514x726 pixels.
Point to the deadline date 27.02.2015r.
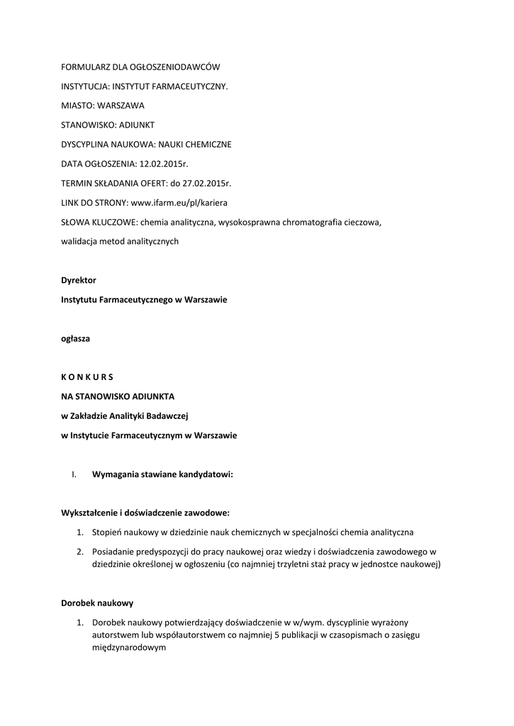tap(206, 183)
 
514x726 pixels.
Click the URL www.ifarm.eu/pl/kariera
tap(184, 203)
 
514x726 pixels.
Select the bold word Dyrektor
tap(78, 280)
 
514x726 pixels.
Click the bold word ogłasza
tap(75, 338)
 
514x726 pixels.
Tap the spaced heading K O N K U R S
tap(87, 376)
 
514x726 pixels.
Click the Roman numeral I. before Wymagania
tap(74, 475)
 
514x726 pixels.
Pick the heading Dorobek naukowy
tap(97, 603)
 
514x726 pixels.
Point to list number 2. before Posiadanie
tap(81, 552)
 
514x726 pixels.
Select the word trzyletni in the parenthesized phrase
tap(306, 564)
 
